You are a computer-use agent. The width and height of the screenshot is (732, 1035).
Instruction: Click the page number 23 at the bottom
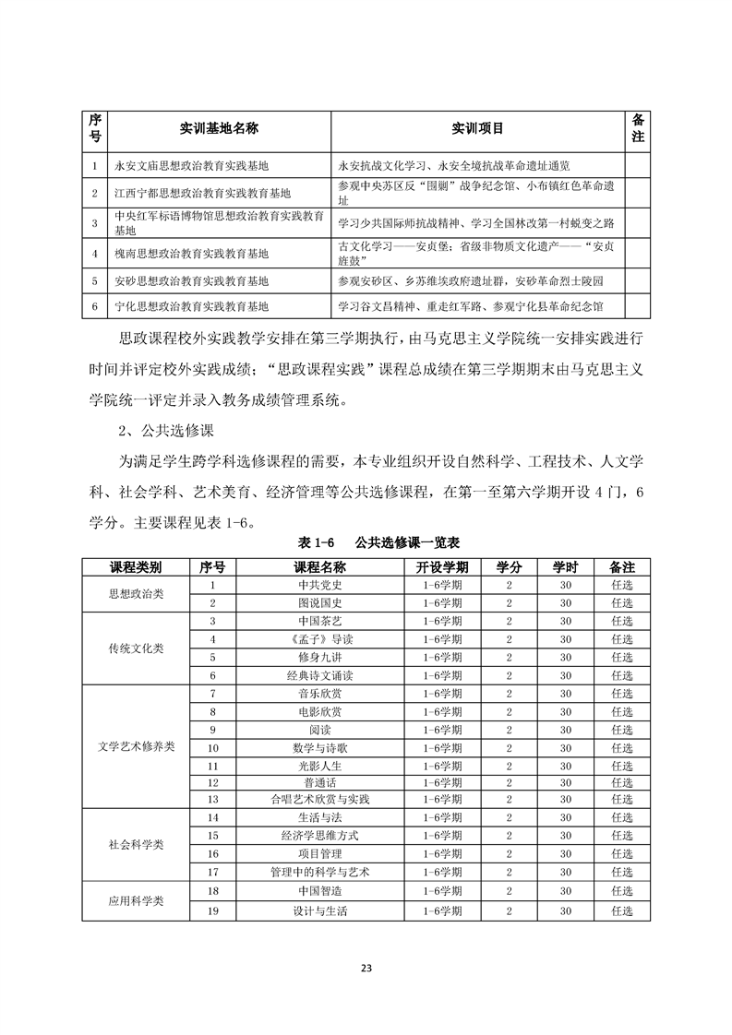[366, 968]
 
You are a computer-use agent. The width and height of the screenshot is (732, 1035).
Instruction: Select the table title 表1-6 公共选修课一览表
[366, 542]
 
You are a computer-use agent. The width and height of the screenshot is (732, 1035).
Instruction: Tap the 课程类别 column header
[136, 566]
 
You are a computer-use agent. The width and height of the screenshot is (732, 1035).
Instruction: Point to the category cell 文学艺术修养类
[136, 747]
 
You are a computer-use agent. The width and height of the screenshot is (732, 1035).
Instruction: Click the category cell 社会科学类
[136, 844]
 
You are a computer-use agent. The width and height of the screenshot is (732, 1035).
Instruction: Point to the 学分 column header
[509, 566]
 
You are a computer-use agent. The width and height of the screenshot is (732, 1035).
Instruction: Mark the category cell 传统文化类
[136, 648]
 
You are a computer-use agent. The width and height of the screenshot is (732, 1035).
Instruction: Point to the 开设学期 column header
[441, 566]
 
